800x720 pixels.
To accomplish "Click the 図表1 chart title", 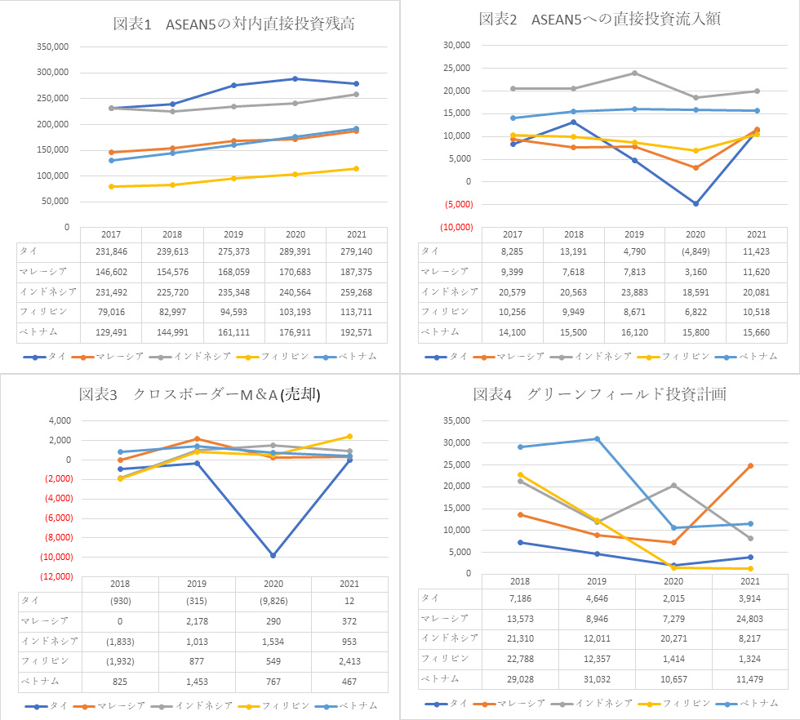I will pyautogui.click(x=234, y=24).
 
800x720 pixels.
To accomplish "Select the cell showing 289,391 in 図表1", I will pyautogui.click(x=294, y=251).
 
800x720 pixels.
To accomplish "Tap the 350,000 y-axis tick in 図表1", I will pyautogui.click(x=53, y=47).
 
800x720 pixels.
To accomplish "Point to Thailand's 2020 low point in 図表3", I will pyautogui.click(x=273, y=555).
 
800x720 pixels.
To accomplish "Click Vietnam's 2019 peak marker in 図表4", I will pyautogui.click(x=597, y=439).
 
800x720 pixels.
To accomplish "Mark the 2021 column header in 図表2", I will pyautogui.click(x=757, y=234).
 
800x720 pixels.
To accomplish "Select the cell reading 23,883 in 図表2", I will pyautogui.click(x=633, y=291).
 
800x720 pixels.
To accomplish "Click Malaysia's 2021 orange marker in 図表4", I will pyautogui.click(x=750, y=466).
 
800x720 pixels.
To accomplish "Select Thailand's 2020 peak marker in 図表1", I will pyautogui.click(x=294, y=78).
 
